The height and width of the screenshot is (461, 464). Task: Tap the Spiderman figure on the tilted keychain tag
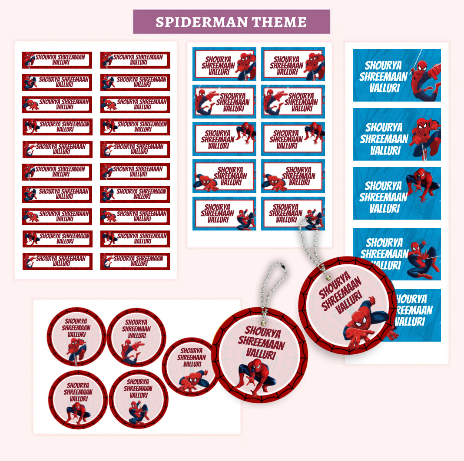point(365,322)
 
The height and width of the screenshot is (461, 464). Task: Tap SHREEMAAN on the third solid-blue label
point(383,197)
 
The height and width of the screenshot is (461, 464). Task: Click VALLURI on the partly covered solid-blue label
point(410,322)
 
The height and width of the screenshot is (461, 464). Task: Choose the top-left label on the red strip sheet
point(57,60)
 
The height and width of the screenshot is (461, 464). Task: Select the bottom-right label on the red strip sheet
point(135,261)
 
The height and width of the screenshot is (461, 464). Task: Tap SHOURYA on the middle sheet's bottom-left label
point(217,207)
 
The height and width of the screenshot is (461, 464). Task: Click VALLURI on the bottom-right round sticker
point(138,395)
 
